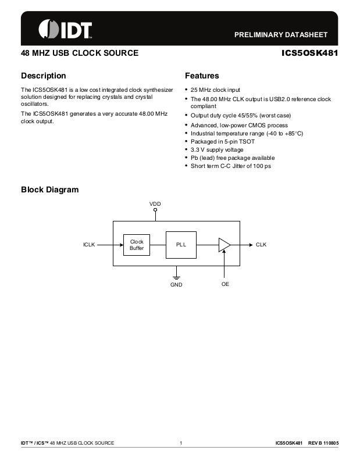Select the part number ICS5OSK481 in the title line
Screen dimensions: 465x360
click(x=309, y=53)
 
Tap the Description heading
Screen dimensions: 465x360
click(x=44, y=76)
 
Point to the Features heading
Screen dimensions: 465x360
click(x=202, y=76)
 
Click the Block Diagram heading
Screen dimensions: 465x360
click(x=49, y=190)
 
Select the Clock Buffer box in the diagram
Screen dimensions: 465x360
click(x=137, y=245)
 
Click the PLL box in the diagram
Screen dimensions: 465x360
click(x=181, y=245)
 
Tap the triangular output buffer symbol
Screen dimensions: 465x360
click(x=224, y=245)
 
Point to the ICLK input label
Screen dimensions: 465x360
click(x=89, y=245)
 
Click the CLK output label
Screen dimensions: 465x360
click(x=261, y=245)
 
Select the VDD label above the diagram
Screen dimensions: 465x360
click(x=155, y=203)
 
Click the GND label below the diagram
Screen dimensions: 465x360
click(x=176, y=285)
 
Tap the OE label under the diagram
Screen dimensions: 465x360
click(x=224, y=285)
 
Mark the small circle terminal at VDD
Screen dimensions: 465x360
click(x=155, y=210)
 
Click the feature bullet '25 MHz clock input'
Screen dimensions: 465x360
click(x=215, y=90)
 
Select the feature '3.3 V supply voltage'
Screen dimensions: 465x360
click(x=217, y=150)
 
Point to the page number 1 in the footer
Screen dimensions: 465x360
click(x=181, y=443)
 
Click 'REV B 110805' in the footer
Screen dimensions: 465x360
click(x=323, y=443)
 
